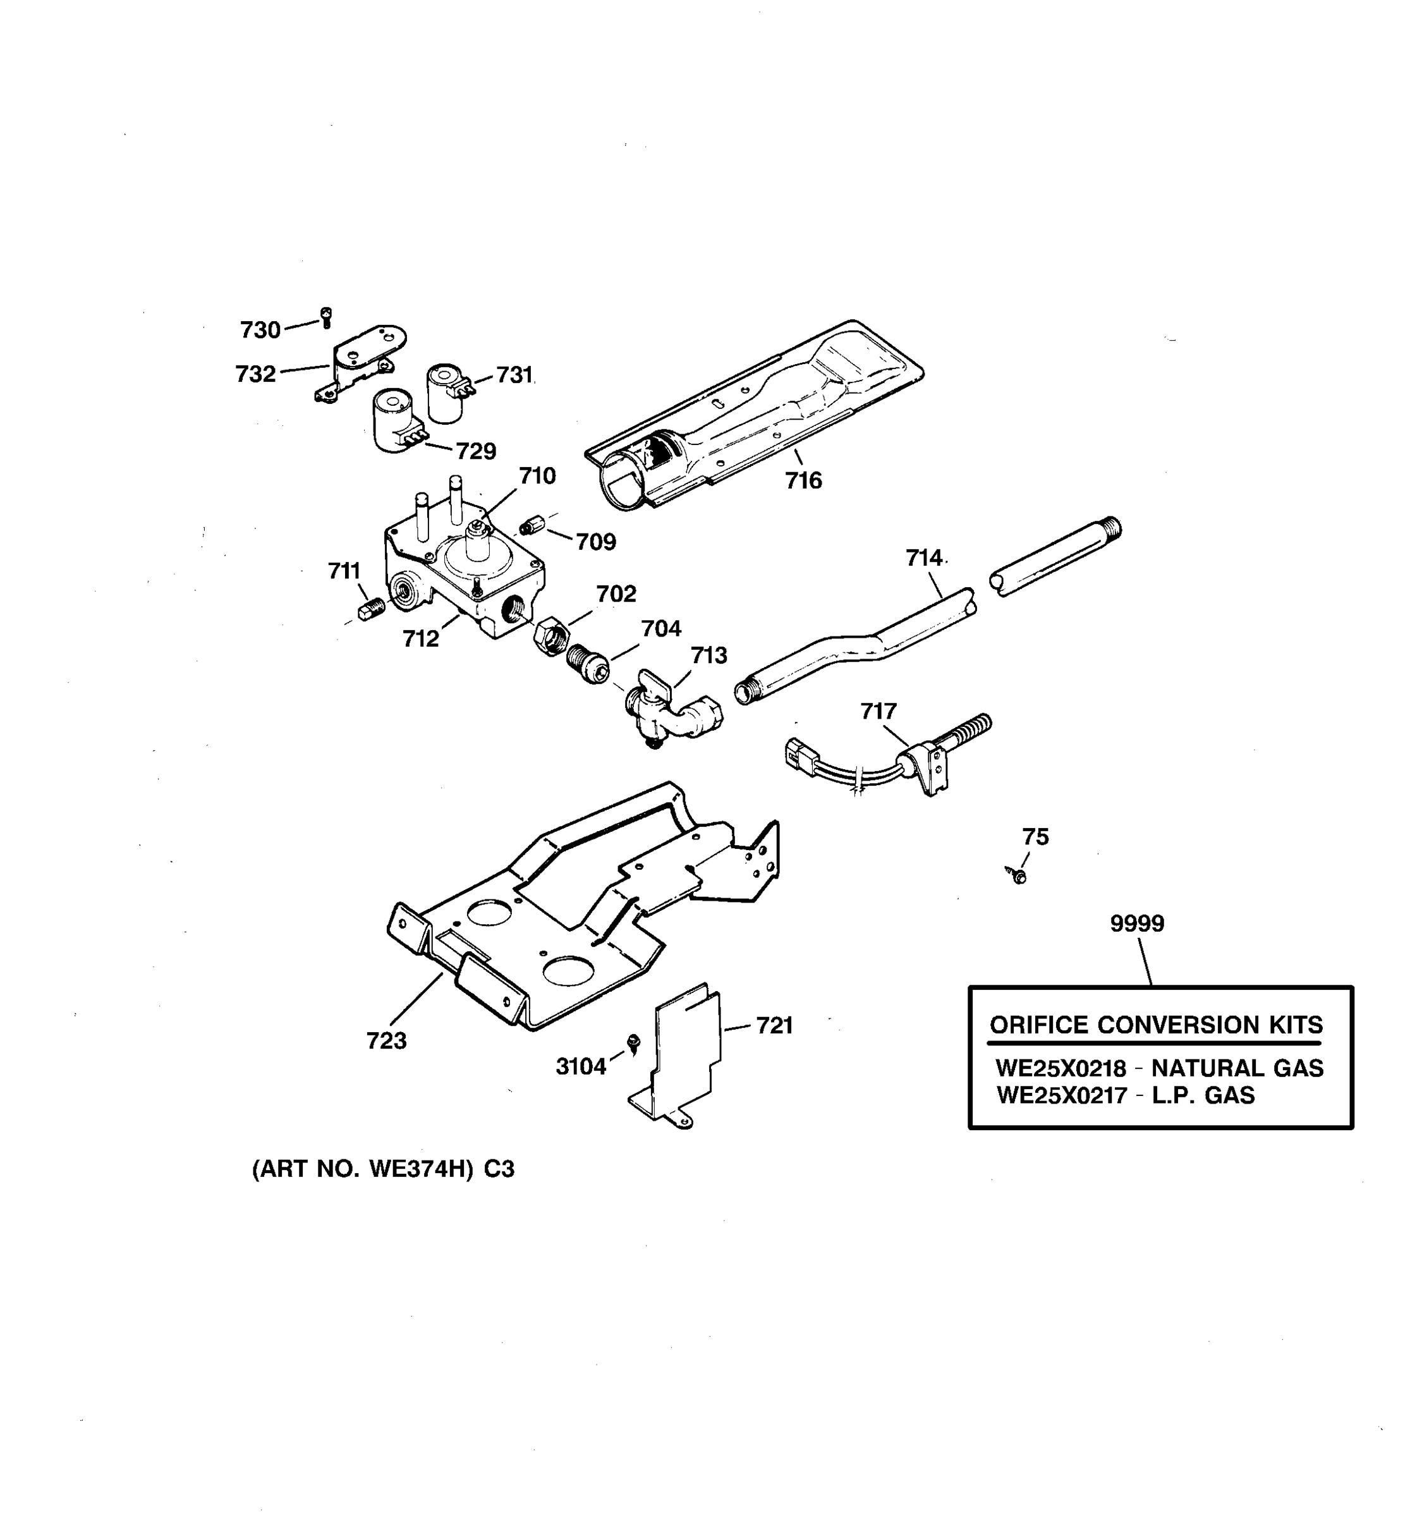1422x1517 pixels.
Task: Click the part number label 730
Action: [260, 330]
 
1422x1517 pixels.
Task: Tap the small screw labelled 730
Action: [327, 316]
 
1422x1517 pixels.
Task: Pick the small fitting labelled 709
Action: [530, 527]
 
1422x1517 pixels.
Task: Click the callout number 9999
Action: [1137, 923]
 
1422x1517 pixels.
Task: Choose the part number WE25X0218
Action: [1060, 1068]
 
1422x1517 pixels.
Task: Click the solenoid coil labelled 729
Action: [394, 422]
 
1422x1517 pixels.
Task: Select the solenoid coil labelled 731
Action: [446, 393]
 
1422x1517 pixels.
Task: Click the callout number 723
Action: [386, 1040]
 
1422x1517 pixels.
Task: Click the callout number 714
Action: [924, 557]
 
